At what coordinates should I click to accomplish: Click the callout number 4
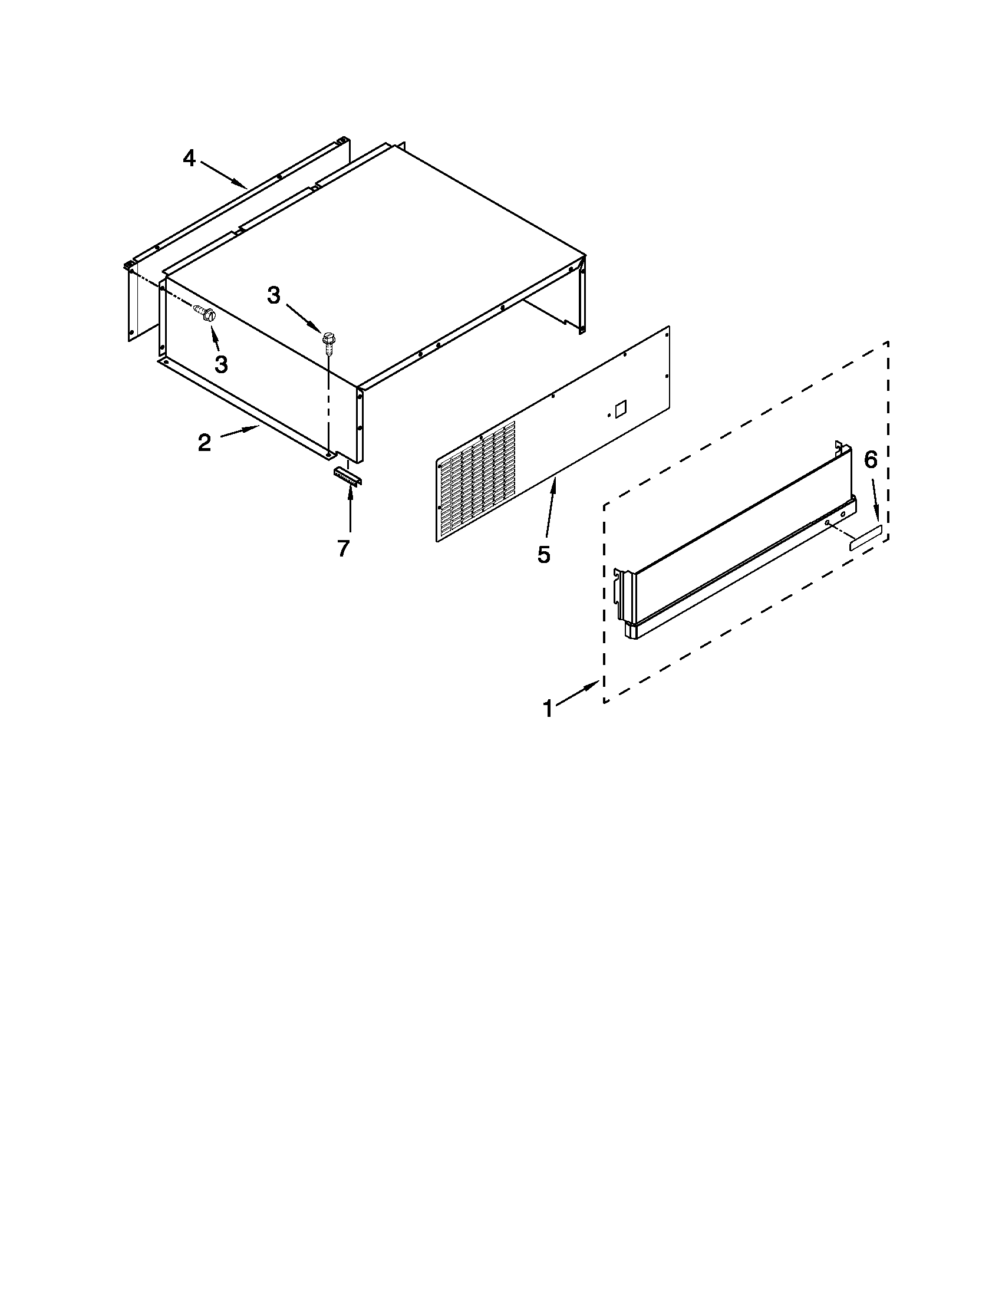click(x=189, y=159)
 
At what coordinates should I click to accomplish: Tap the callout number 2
click(x=204, y=442)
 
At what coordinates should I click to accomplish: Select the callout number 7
click(x=343, y=548)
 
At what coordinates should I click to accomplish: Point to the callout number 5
click(x=544, y=554)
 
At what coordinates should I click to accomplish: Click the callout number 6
click(x=870, y=460)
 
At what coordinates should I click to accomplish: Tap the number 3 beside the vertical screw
click(x=273, y=295)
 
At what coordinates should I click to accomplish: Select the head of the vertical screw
click(x=328, y=339)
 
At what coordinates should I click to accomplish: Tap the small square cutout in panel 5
click(x=620, y=409)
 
